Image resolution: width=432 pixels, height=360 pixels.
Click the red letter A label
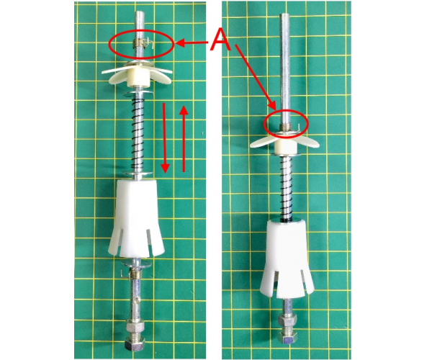(x=220, y=40)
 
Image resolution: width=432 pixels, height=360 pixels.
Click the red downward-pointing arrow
(x=165, y=138)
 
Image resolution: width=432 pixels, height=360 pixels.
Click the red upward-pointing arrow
(x=184, y=138)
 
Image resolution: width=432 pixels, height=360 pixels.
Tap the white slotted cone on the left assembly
(x=137, y=217)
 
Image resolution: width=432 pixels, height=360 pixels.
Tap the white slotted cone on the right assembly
(x=287, y=259)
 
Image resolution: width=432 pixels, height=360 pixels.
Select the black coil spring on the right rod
(x=286, y=188)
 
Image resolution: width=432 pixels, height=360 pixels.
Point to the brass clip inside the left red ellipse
(x=143, y=43)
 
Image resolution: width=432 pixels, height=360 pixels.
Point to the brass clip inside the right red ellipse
(x=289, y=127)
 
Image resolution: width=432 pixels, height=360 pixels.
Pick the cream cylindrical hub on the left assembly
(x=137, y=80)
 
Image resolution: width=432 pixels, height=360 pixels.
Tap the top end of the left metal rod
(x=139, y=12)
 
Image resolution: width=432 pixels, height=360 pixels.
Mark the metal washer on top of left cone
(x=138, y=174)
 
